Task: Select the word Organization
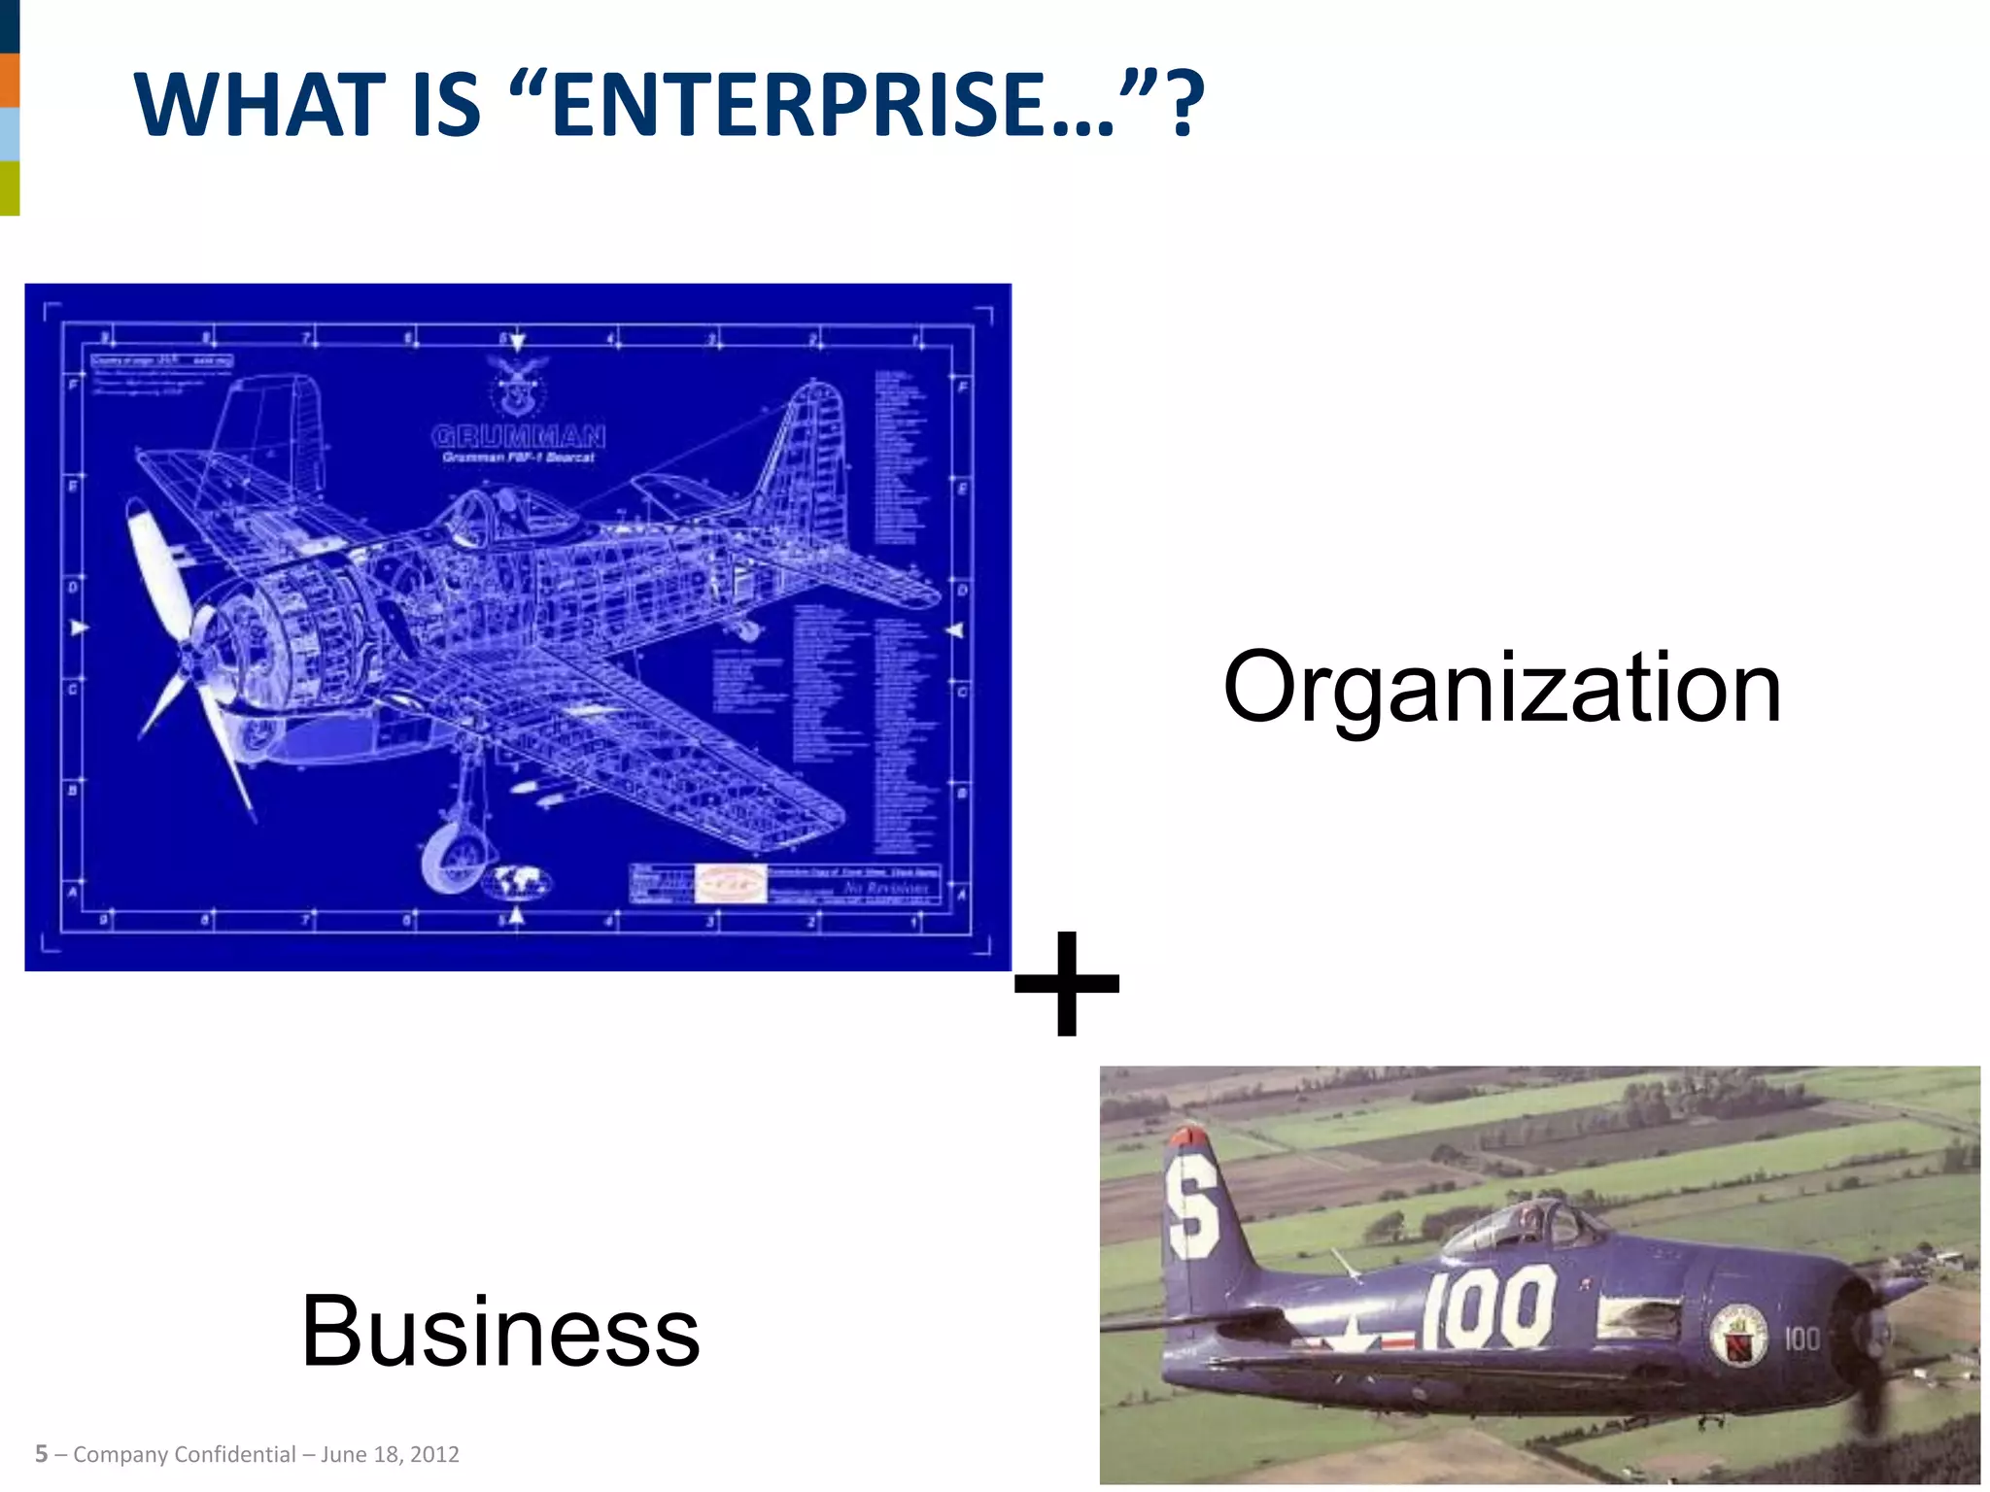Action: pyautogui.click(x=1501, y=688)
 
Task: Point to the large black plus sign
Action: pyautogui.click(x=1066, y=982)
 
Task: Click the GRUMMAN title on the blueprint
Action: pyautogui.click(x=518, y=436)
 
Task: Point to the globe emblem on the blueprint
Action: pyautogui.click(x=518, y=880)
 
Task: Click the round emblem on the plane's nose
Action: pyautogui.click(x=1738, y=1336)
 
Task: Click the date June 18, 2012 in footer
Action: pyautogui.click(x=390, y=1454)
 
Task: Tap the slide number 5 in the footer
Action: pyautogui.click(x=41, y=1454)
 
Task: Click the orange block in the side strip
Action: pyautogui.click(x=10, y=80)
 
